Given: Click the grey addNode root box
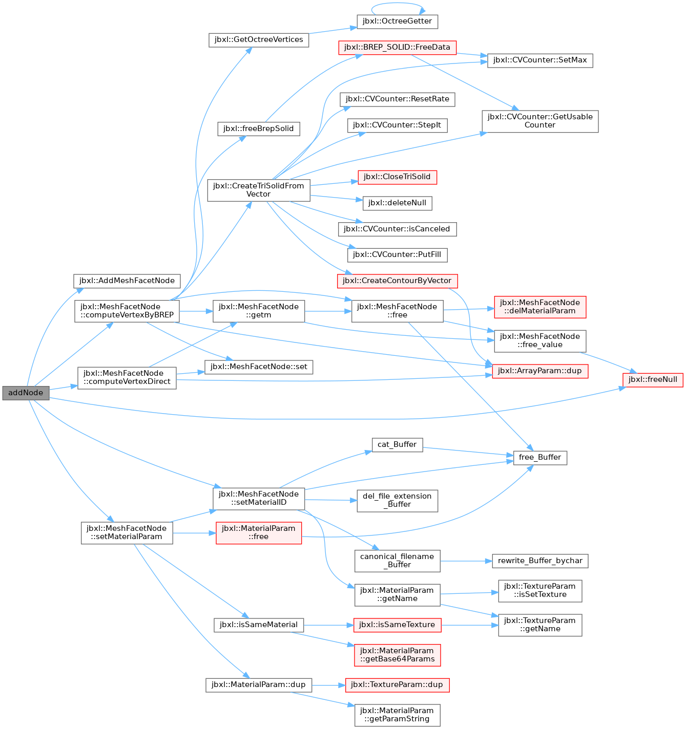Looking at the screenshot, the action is [x=26, y=393].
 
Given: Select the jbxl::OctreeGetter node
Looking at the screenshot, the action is [x=397, y=22].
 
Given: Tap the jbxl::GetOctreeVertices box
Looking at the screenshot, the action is [x=259, y=40].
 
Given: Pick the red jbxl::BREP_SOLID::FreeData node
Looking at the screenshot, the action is [x=397, y=48].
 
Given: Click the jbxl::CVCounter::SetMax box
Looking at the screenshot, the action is [x=540, y=60].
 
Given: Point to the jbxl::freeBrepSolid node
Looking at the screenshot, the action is [x=259, y=129].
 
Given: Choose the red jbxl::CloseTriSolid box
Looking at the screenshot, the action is [x=397, y=177].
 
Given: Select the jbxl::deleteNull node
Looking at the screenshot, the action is [x=397, y=203].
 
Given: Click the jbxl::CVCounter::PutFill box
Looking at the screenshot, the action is [x=397, y=255].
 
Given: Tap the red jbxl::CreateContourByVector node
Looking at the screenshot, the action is [x=397, y=281].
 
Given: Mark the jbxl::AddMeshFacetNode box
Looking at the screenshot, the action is [x=127, y=281].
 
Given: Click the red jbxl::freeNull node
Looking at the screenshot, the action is [x=653, y=380].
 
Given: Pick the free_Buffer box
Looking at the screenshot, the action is [x=540, y=458].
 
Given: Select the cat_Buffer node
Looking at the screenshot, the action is [x=397, y=445].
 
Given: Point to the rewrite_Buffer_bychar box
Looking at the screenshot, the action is [x=540, y=561].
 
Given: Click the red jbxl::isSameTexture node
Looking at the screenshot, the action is [x=397, y=625].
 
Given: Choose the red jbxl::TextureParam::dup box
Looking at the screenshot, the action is [x=397, y=685].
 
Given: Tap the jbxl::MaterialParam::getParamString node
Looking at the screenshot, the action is [x=397, y=715].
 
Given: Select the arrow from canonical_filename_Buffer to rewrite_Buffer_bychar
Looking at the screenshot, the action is [x=466, y=561].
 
